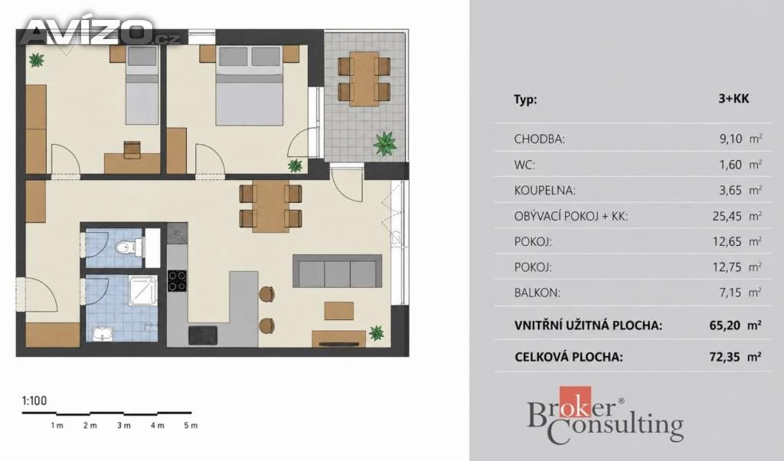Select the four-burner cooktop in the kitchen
tap(177, 280)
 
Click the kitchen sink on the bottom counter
tap(202, 335)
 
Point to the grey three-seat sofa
tap(338, 271)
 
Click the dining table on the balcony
tap(364, 78)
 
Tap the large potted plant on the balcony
tap(384, 143)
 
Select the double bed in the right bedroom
tap(250, 85)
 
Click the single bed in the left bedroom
tap(142, 85)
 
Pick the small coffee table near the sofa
tap(339, 310)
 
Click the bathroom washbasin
tap(103, 334)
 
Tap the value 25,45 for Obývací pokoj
tap(727, 216)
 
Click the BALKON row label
tap(537, 293)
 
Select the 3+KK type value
tap(733, 99)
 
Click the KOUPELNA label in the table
tap(544, 191)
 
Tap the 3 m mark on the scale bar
tap(123, 426)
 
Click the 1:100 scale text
tap(34, 401)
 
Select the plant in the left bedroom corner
tap(36, 60)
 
